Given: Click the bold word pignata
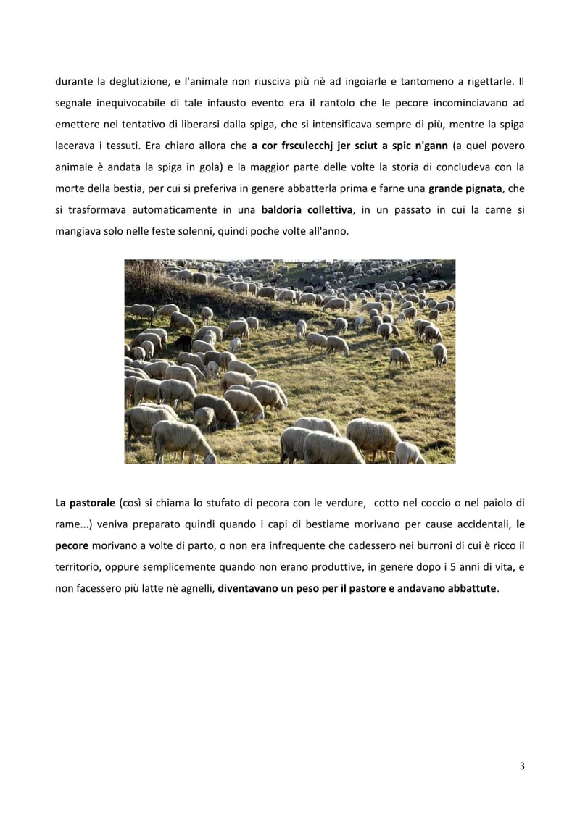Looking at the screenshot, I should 476,188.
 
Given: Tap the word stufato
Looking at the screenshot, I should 213,503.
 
